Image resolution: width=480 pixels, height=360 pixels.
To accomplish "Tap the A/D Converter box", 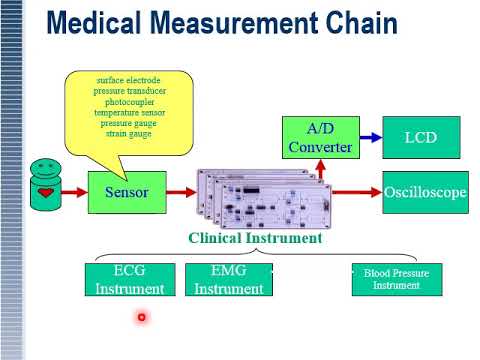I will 319,138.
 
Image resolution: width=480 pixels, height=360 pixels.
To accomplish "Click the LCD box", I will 420,137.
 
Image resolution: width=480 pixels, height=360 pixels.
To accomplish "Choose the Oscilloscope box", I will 424,192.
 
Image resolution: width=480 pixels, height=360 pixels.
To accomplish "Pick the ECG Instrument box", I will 129,280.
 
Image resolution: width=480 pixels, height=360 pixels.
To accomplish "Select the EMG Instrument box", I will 228,280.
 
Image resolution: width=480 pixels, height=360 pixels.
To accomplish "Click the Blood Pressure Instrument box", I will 396,279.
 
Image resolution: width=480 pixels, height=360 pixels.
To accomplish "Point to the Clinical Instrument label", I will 255,238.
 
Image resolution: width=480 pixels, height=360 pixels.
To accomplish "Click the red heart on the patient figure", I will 45,190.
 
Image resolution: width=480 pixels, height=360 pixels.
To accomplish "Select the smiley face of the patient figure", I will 44,166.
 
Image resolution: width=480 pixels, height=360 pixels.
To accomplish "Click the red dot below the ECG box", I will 142,318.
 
